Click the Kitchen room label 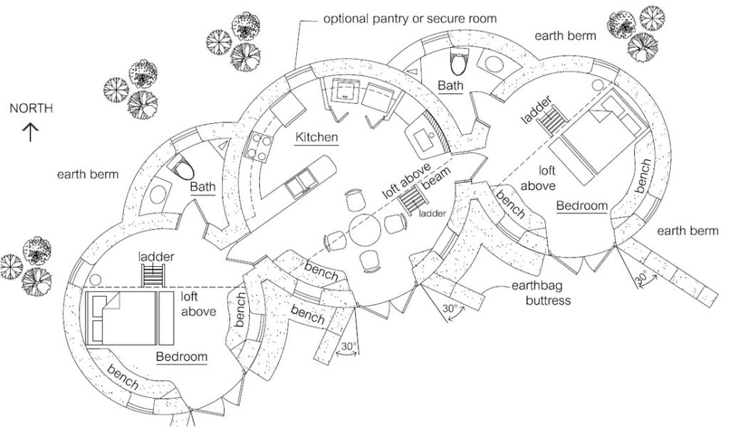click(x=317, y=137)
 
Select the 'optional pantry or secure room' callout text click(x=410, y=18)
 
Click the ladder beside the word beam click(x=412, y=201)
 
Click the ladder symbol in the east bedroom click(x=549, y=122)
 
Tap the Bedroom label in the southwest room click(x=182, y=357)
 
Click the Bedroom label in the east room click(x=582, y=206)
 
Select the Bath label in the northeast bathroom click(x=450, y=86)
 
